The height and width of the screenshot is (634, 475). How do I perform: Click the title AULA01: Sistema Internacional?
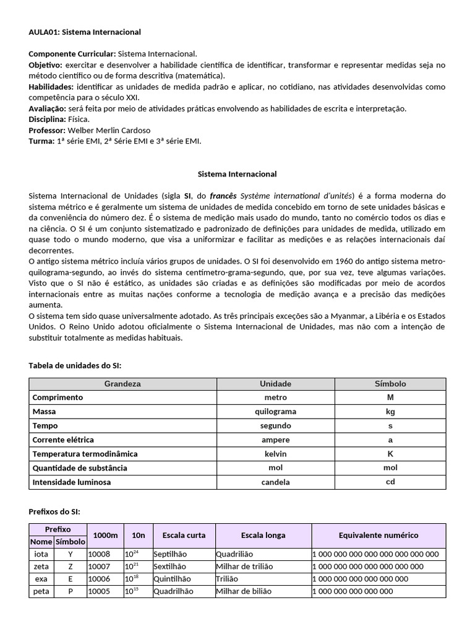click(x=85, y=32)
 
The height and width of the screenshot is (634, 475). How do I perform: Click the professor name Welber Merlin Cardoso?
click(x=109, y=130)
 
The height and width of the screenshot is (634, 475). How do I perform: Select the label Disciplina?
click(x=47, y=119)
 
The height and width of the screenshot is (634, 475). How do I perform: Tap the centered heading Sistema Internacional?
click(x=237, y=174)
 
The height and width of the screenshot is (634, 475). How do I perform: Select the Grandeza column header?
click(x=122, y=384)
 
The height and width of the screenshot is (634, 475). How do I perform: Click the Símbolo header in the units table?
click(x=390, y=384)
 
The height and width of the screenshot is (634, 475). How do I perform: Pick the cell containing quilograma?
click(x=275, y=412)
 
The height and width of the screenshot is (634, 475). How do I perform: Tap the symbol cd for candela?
click(x=390, y=482)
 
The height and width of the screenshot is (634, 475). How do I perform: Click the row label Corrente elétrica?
click(x=63, y=440)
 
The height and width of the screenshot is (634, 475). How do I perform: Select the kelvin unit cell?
click(x=275, y=454)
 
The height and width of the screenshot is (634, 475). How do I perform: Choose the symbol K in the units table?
click(x=390, y=454)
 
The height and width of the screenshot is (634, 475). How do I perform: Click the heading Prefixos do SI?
click(x=54, y=511)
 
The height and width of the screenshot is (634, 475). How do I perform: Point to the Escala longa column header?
click(x=263, y=535)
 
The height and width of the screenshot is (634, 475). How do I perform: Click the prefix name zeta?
click(x=41, y=567)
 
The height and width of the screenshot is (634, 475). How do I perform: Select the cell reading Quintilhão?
click(x=173, y=579)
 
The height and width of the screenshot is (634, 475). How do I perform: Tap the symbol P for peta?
click(x=70, y=591)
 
